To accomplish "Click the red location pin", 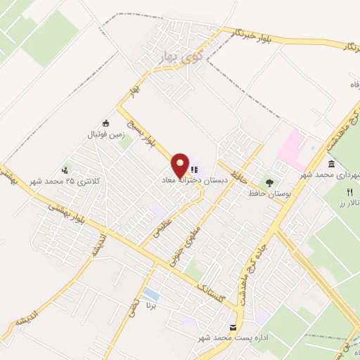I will (x=180, y=165).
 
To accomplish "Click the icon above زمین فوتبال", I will (x=106, y=122).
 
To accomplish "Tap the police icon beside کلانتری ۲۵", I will (x=65, y=169).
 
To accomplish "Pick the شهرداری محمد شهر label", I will (x=330, y=174).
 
